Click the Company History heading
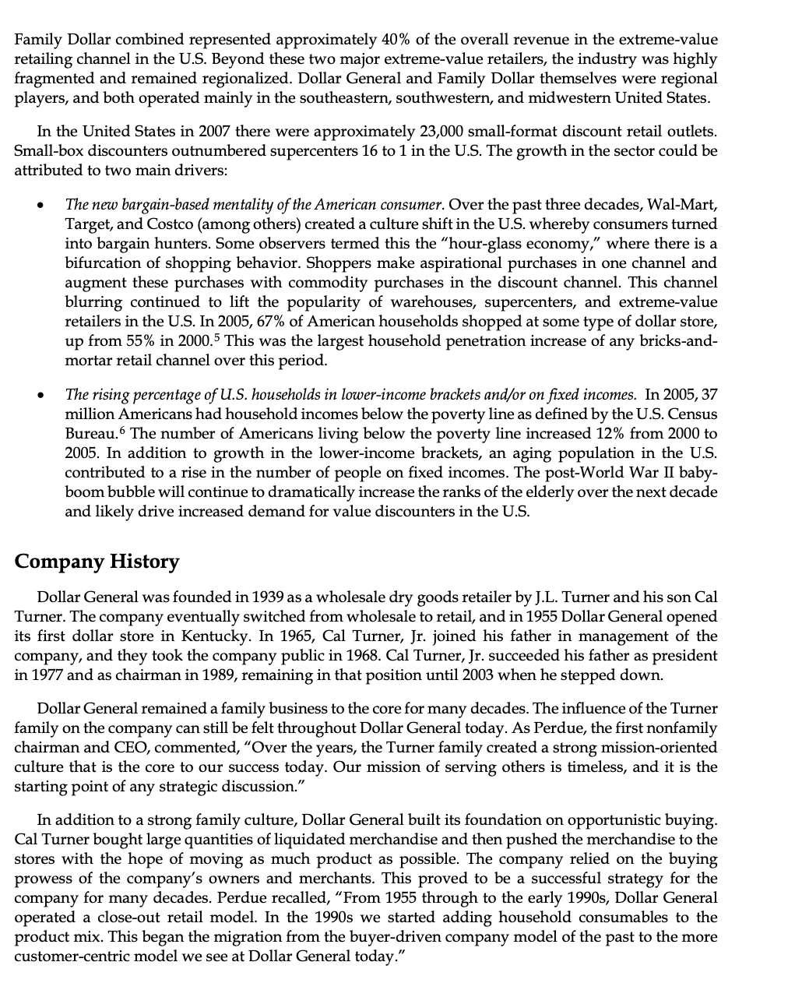pos(97,562)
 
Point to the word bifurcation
pos(104,263)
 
